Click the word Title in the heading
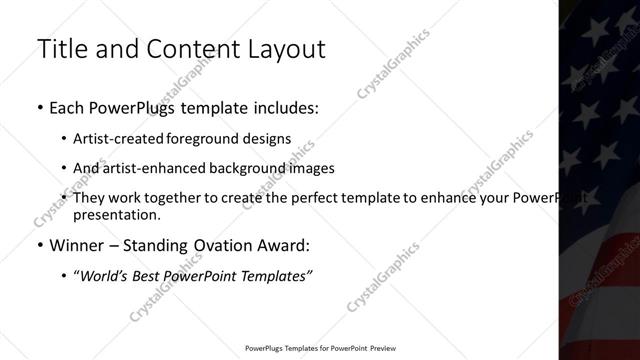(61, 50)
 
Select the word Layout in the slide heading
(290, 50)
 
